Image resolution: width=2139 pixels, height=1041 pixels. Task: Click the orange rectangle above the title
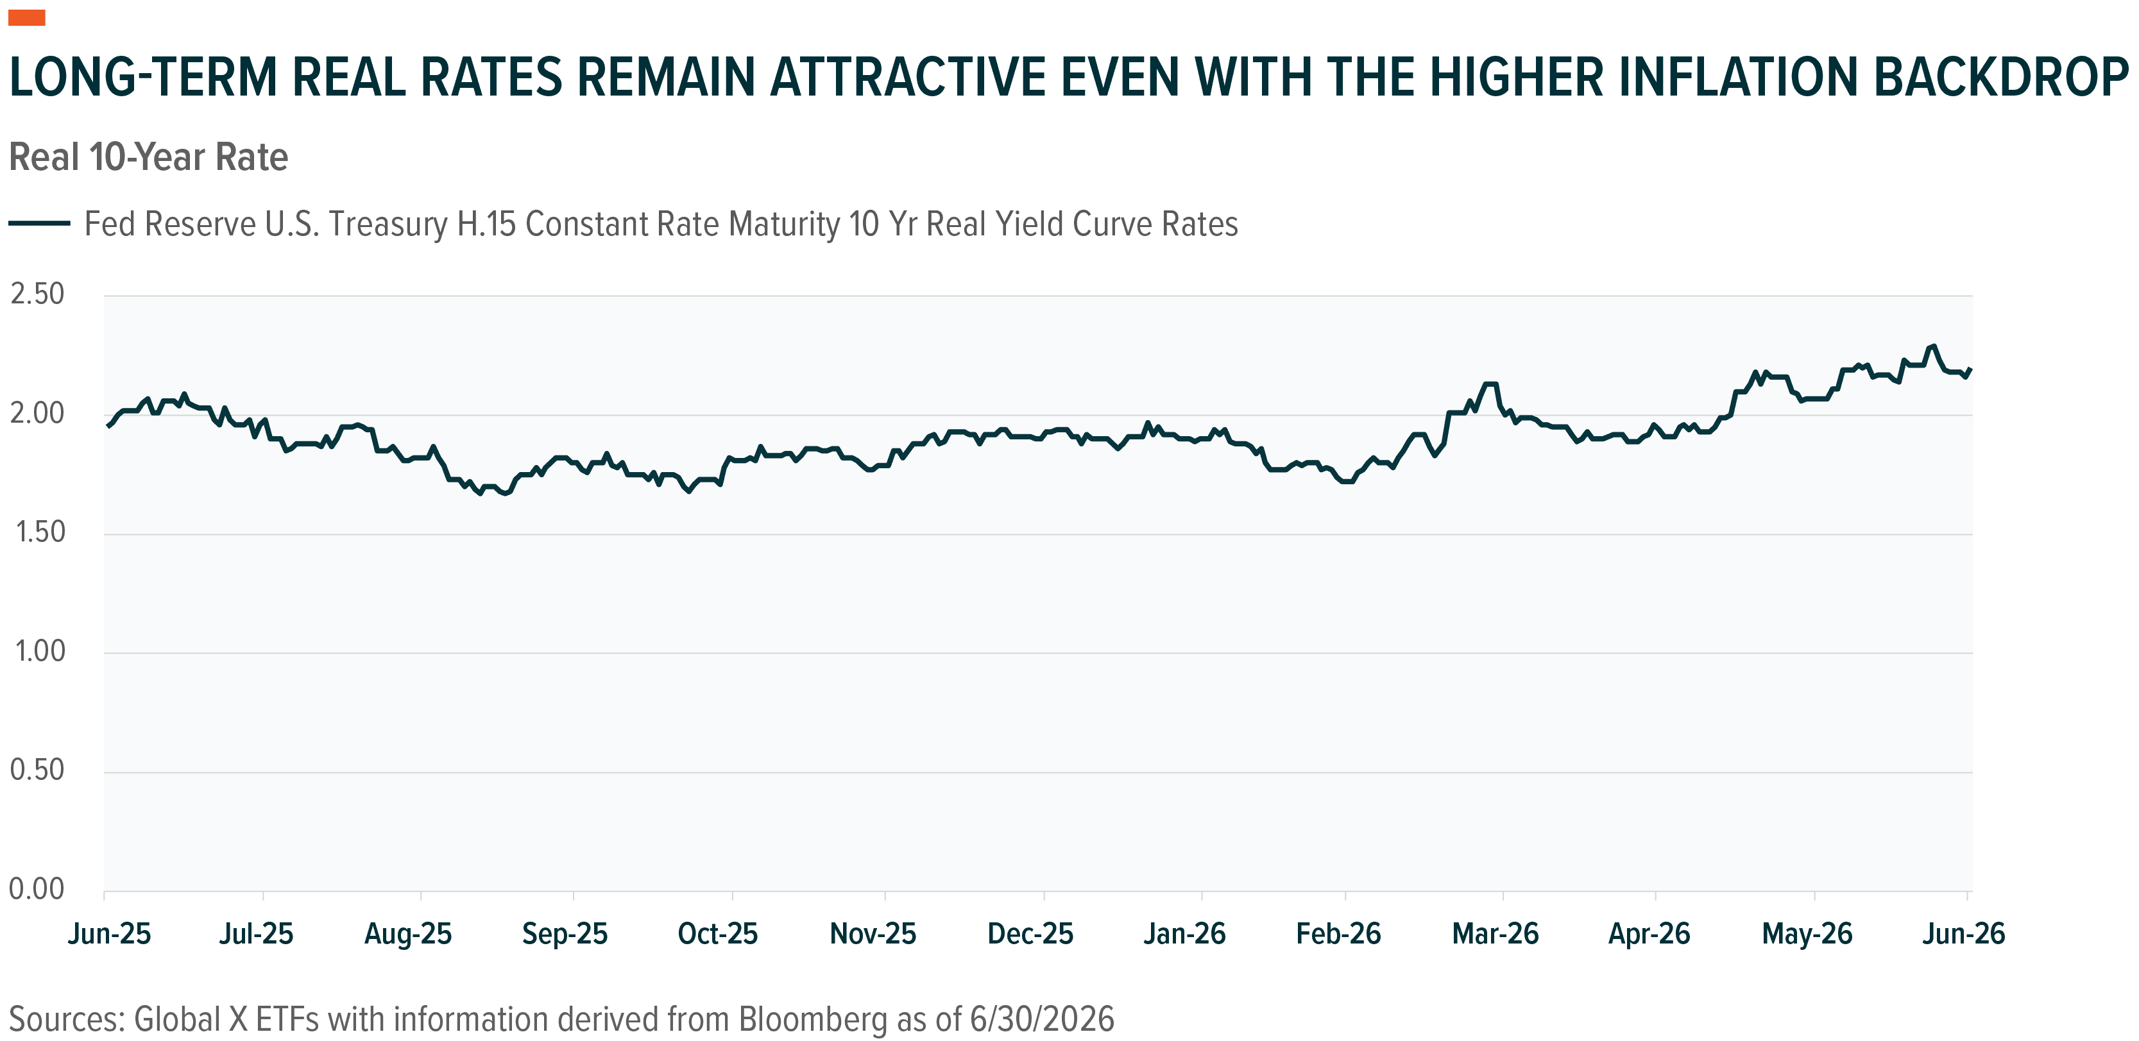tap(26, 17)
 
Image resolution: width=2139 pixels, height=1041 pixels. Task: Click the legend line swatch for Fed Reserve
tap(40, 223)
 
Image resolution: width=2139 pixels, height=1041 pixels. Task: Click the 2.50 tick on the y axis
tap(37, 294)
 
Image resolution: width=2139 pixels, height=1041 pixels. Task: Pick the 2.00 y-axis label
tap(37, 412)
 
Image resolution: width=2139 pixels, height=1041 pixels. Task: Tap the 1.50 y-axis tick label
tap(40, 531)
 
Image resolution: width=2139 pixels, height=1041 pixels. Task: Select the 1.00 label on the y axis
tap(40, 651)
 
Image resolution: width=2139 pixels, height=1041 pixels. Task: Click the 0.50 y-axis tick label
tap(37, 770)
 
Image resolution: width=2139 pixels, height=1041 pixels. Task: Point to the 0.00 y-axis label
tap(37, 889)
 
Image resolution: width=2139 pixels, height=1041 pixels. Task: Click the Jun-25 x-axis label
tap(110, 934)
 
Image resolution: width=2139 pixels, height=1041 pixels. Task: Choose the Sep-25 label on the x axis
tap(565, 934)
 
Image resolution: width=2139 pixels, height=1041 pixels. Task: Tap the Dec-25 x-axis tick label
tap(1030, 934)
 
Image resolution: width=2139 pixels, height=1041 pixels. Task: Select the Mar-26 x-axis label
tap(1496, 934)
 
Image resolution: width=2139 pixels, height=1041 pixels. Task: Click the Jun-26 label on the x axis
tap(1964, 934)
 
